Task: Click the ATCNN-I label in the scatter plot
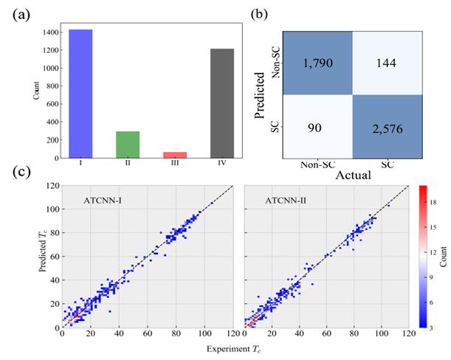(x=103, y=198)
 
